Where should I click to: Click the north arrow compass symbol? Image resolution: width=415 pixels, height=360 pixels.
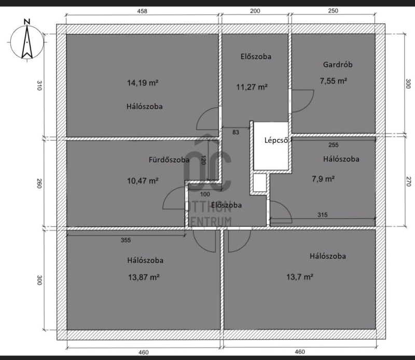tap(27, 40)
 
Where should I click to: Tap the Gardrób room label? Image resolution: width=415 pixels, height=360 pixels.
tap(338, 65)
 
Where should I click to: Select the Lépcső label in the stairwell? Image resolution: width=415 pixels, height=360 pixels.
tap(276, 140)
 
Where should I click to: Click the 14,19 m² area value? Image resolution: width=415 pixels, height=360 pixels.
tap(143, 83)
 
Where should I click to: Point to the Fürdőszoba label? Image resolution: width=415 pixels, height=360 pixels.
tap(169, 160)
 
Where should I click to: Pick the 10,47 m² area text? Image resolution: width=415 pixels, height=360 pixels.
tap(143, 181)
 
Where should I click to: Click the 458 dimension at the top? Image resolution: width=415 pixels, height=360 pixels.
tap(142, 11)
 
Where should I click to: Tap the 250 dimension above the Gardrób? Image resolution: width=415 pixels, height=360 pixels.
tap(333, 11)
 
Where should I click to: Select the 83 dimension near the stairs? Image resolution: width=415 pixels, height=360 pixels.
tap(236, 132)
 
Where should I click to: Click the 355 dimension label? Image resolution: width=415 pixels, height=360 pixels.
tap(126, 240)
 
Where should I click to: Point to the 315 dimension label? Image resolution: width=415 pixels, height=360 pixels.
tap(322, 215)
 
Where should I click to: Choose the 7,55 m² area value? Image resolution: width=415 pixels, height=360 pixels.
tap(334, 81)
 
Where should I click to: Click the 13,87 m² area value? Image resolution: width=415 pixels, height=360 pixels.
tap(144, 278)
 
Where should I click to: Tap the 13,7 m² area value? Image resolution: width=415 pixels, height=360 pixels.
tap(300, 277)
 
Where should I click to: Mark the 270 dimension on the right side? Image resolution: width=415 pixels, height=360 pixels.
tap(408, 182)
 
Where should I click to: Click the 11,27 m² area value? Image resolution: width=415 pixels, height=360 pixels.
tap(252, 87)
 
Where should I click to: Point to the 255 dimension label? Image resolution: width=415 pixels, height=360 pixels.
tap(333, 145)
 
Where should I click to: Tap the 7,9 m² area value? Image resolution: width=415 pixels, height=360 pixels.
tap(323, 179)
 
